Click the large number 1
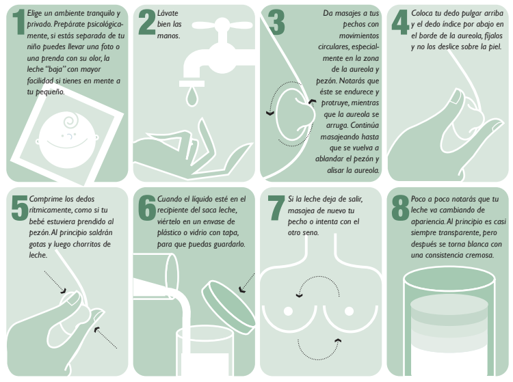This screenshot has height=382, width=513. coord(19,22)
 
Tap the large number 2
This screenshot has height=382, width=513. coord(146,22)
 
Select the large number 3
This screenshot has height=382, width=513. coord(276,22)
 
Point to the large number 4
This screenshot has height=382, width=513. coord(400,22)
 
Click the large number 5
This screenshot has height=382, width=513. coord(20,208)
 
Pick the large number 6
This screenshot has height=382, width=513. coord(147,208)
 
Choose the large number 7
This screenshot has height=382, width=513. coord(276,208)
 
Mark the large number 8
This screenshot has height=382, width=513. coord(400,208)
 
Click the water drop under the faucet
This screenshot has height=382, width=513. coord(192,96)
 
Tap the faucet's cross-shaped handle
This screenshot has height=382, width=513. coord(222,25)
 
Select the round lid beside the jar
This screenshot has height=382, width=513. coord(228,307)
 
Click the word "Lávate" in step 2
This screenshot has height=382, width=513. coord(168,13)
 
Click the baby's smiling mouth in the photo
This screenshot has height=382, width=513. coord(67,144)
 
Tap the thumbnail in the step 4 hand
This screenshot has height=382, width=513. coord(455,96)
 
